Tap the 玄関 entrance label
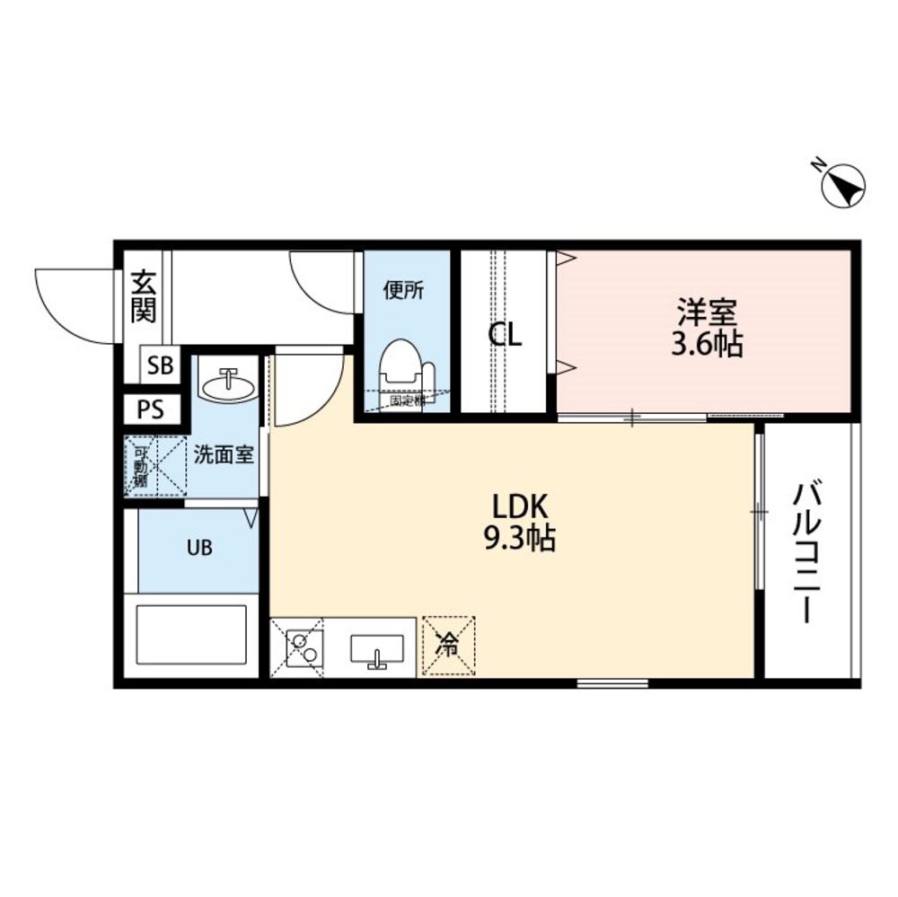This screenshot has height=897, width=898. click(x=143, y=297)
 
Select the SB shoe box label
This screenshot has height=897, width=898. click(x=162, y=365)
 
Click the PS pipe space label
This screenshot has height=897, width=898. click(x=151, y=410)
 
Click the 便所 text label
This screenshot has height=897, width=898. click(x=403, y=291)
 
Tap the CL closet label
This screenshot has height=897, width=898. click(x=505, y=335)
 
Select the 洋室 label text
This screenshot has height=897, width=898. click(x=707, y=313)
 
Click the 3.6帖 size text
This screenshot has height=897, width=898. click(x=708, y=345)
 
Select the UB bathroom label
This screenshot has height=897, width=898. click(x=200, y=548)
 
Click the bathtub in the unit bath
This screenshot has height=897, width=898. click(x=191, y=634)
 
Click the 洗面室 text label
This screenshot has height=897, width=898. click(x=224, y=454)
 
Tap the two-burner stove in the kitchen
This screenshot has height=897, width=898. click(x=303, y=646)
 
